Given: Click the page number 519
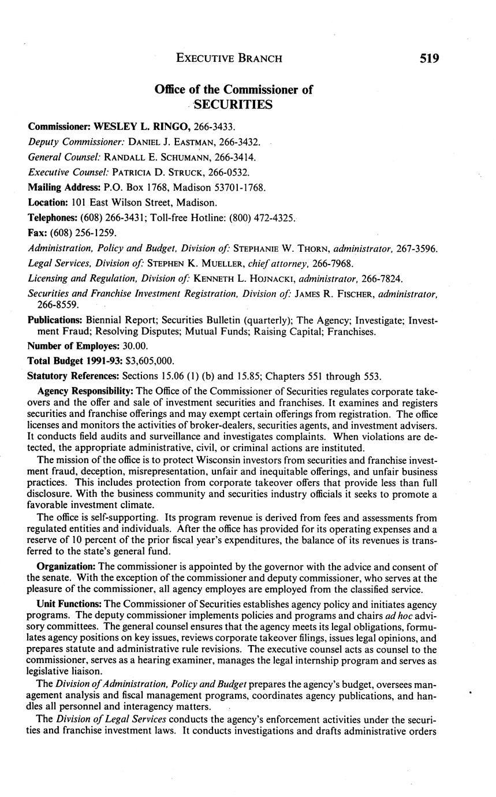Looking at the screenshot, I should pos(428,58).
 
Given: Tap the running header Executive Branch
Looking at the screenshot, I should pos(229,58).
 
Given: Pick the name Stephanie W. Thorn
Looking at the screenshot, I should pos(270,248).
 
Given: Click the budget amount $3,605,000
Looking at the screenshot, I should pos(146,361).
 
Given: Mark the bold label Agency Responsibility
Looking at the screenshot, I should pos(78,391).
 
